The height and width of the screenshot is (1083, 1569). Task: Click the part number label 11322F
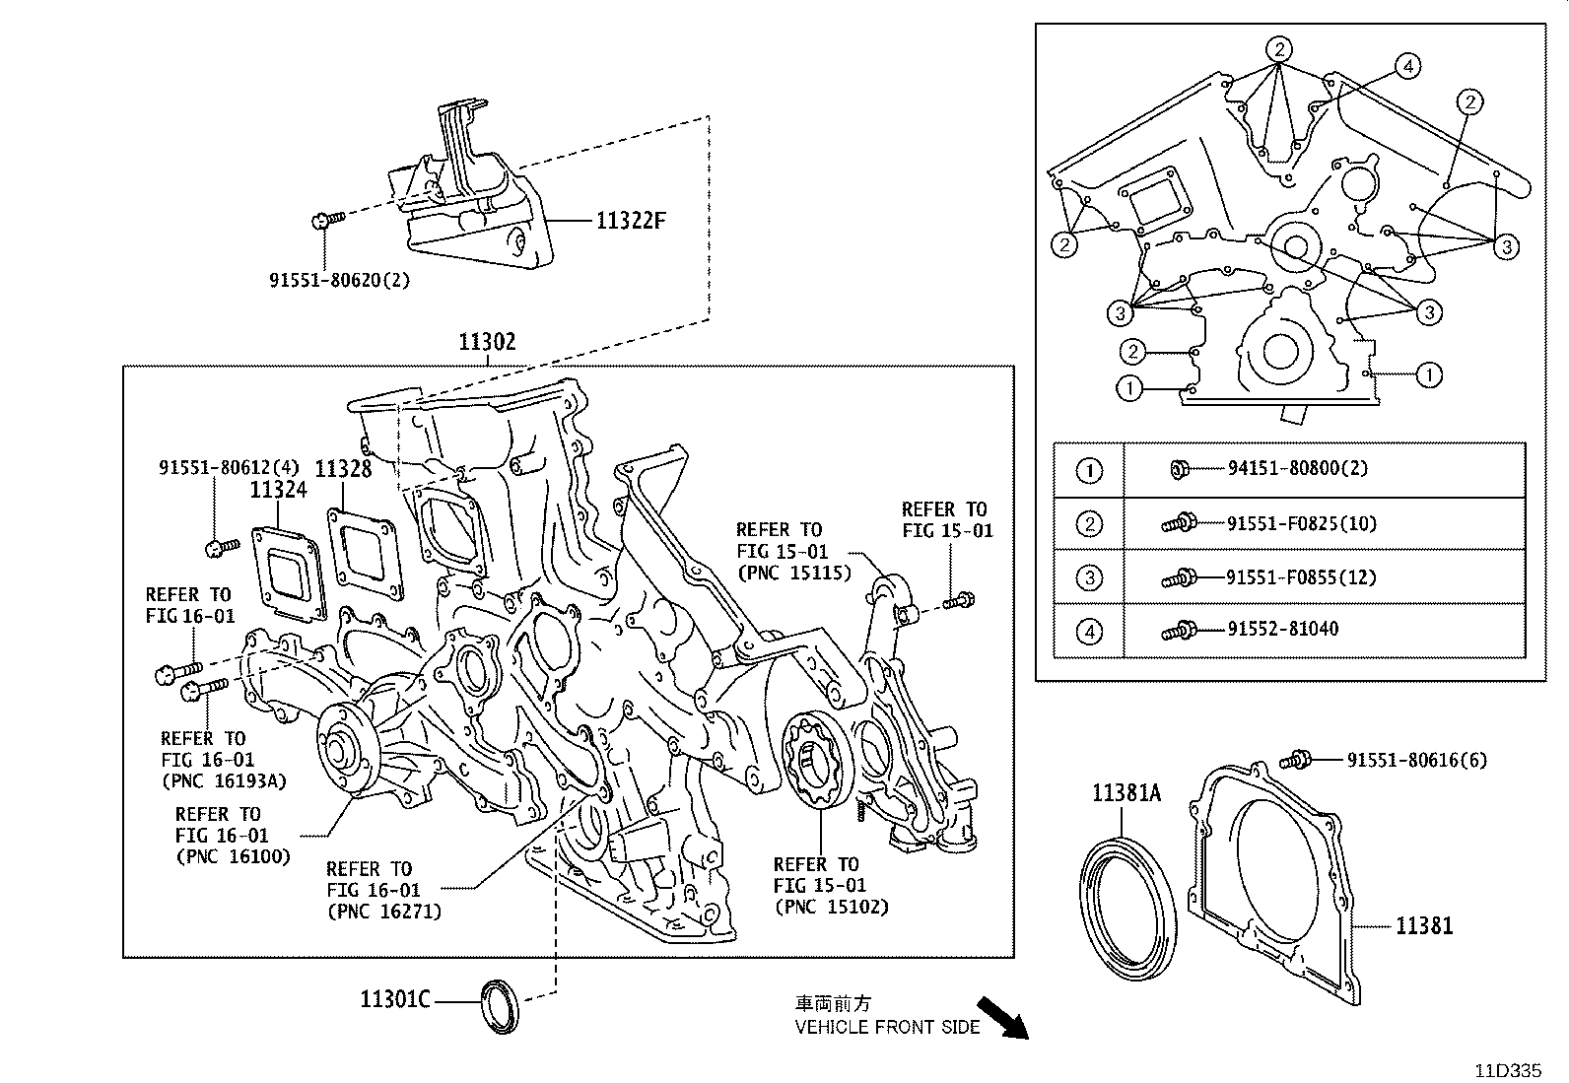(x=631, y=221)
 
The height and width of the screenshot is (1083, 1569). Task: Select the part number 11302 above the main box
(x=487, y=342)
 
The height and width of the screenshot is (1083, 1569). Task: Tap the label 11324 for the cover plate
(x=278, y=489)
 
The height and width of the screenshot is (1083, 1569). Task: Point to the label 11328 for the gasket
(x=344, y=468)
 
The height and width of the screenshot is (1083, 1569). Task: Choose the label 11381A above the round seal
(x=1126, y=792)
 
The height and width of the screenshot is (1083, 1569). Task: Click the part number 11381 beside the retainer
(x=1423, y=925)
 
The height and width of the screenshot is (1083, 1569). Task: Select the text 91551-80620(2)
(x=339, y=280)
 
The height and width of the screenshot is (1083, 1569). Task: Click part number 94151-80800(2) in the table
(x=1298, y=468)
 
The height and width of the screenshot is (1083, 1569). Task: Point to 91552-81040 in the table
(x=1282, y=629)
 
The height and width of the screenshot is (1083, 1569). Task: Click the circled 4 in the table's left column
(x=1089, y=631)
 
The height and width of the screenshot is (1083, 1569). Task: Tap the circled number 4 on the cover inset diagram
(x=1407, y=66)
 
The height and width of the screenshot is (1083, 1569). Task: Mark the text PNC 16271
(x=383, y=912)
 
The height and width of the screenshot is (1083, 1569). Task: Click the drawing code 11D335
(x=1507, y=1070)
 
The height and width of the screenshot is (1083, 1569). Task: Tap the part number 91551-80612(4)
(x=229, y=467)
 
